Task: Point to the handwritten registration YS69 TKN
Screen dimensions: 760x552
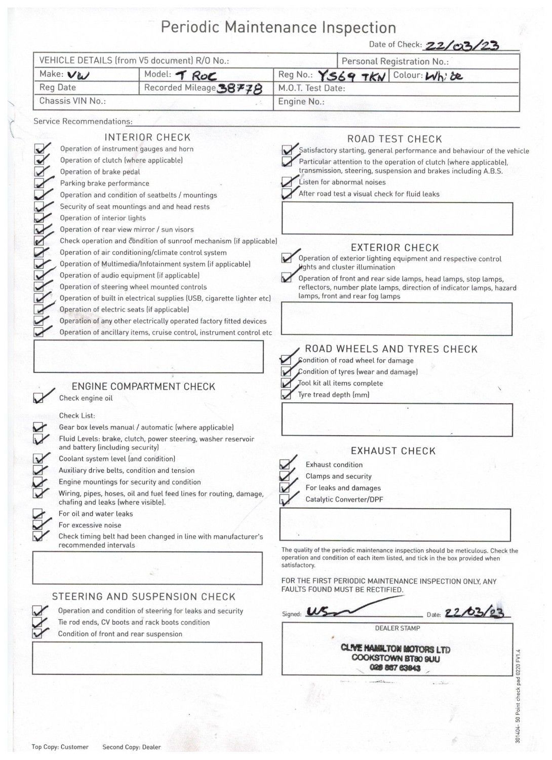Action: [351, 76]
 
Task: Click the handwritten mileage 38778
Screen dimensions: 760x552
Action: [240, 89]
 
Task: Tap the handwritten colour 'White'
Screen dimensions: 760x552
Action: [444, 77]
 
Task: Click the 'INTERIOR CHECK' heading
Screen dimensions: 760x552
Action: [147, 137]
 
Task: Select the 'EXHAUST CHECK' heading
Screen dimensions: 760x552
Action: [393, 451]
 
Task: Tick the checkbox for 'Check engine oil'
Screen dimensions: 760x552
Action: [38, 398]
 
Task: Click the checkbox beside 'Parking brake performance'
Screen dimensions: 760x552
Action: [39, 183]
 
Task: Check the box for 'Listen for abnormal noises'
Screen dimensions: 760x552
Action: [287, 182]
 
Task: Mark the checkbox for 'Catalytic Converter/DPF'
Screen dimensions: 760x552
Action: [285, 500]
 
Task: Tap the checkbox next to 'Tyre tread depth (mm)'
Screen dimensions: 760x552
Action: [286, 395]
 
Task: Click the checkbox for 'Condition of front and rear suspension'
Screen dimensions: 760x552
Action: [37, 634]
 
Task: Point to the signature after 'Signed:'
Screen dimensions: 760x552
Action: [334, 612]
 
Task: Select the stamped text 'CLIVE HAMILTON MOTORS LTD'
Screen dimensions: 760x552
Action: [396, 649]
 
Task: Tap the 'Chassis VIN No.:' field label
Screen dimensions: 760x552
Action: [72, 101]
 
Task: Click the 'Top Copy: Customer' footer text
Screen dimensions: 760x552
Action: [60, 747]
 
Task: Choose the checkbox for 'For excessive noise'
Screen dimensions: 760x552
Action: [37, 525]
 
